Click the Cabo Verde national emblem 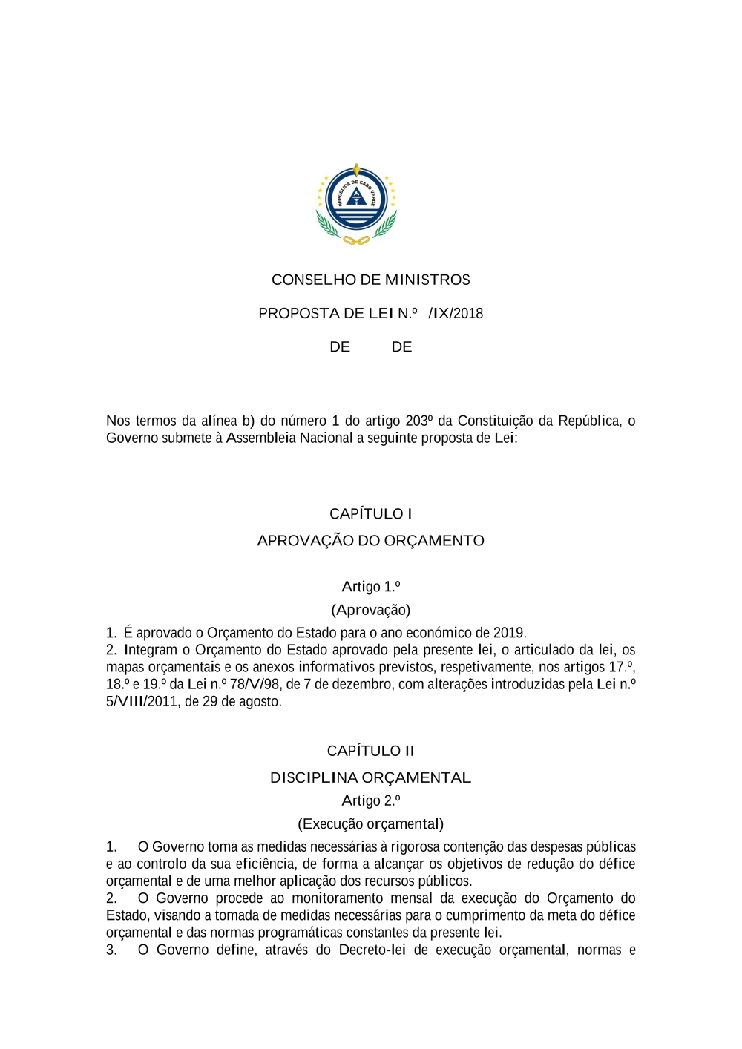tap(356, 204)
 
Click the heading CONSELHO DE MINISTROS tap(370, 280)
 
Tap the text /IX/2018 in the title tap(456, 313)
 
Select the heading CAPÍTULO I tap(370, 513)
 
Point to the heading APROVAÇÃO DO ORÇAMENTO tap(370, 540)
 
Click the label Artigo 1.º tap(370, 586)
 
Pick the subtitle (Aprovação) tap(370, 610)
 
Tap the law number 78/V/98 tap(255, 684)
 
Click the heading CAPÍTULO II tap(370, 751)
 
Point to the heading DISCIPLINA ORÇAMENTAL tap(370, 777)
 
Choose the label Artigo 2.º tap(370, 800)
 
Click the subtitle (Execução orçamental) tap(370, 823)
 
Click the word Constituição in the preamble tap(496, 421)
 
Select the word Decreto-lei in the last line tap(372, 950)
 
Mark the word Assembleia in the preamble tap(260, 438)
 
